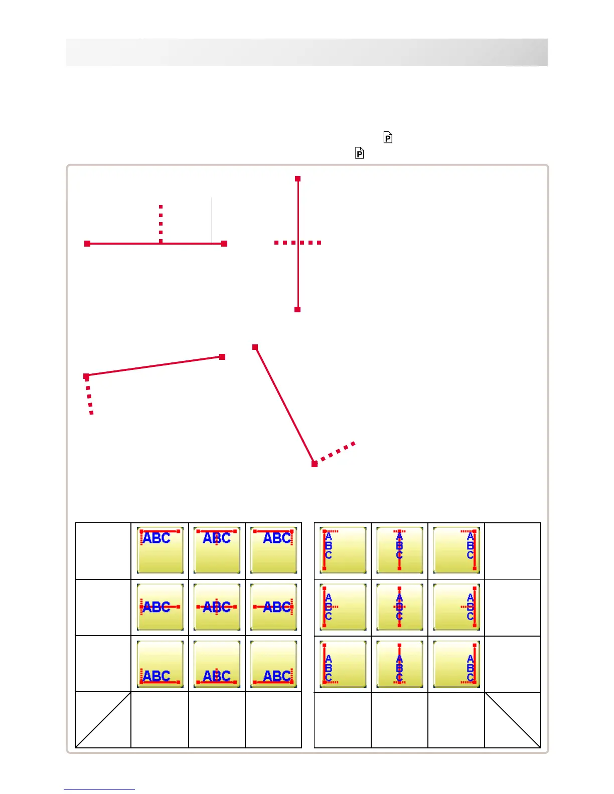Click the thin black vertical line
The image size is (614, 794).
pyautogui.click(x=212, y=220)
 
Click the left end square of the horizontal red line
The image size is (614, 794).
pyautogui.click(x=87, y=244)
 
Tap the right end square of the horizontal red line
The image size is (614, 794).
pyautogui.click(x=224, y=244)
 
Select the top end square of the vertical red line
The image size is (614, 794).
pyautogui.click(x=297, y=178)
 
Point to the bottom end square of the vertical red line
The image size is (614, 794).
pyautogui.click(x=297, y=310)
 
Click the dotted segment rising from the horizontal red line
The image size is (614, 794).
pyautogui.click(x=161, y=224)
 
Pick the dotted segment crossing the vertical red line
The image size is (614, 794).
pyautogui.click(x=297, y=243)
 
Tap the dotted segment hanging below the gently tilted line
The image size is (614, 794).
pyautogui.click(x=89, y=396)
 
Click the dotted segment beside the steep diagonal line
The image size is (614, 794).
pyautogui.click(x=336, y=453)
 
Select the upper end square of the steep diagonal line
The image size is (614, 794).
pyautogui.click(x=255, y=347)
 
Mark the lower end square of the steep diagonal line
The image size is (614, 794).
pyautogui.click(x=315, y=464)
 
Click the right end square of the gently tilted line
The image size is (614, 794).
pyautogui.click(x=222, y=357)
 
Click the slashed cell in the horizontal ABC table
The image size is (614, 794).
pyautogui.click(x=103, y=720)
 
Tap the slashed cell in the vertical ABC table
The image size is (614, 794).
pyautogui.click(x=512, y=720)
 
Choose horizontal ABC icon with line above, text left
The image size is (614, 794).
pyautogui.click(x=160, y=550)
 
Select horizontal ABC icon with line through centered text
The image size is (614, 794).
pyautogui.click(x=217, y=607)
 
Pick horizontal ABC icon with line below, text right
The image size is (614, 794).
pyautogui.click(x=273, y=664)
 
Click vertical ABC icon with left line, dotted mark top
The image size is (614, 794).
pyautogui.click(x=343, y=550)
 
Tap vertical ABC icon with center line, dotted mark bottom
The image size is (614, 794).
pyautogui.click(x=400, y=664)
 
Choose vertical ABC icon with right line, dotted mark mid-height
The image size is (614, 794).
pyautogui.click(x=456, y=607)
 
